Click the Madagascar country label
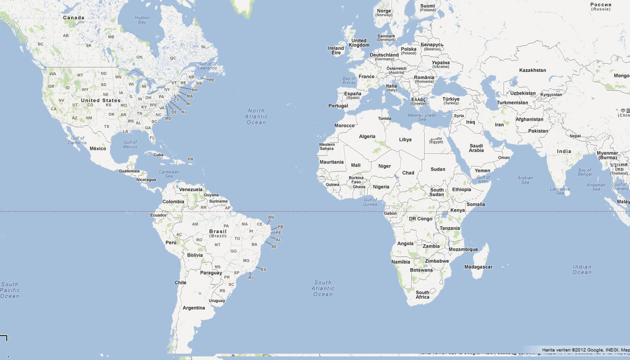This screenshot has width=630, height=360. coord(478,267)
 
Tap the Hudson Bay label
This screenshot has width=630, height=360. coord(142,20)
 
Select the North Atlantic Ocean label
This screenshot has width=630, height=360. coord(256,117)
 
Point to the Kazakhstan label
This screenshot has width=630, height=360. coord(532,70)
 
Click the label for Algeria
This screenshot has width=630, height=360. coord(367,136)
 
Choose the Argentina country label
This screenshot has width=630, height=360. coord(194,308)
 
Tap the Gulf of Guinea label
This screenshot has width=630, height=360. coord(370,202)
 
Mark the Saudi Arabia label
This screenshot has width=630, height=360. coord(476,148)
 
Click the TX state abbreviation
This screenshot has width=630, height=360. coord(107,126)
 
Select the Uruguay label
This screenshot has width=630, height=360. coord(217,301)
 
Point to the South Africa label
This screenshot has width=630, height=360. coord(423,295)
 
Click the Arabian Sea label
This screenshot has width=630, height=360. coord(525,180)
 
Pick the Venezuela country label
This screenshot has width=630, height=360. coord(191,189)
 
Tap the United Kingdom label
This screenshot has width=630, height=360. coord(359,43)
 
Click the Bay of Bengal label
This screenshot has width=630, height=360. coord(585,173)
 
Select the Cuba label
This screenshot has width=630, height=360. coord(158,155)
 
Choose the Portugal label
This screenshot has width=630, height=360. coord(338,106)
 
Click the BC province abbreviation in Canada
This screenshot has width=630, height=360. coord(40,44)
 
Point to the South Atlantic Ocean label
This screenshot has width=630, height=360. coord(323,288)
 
